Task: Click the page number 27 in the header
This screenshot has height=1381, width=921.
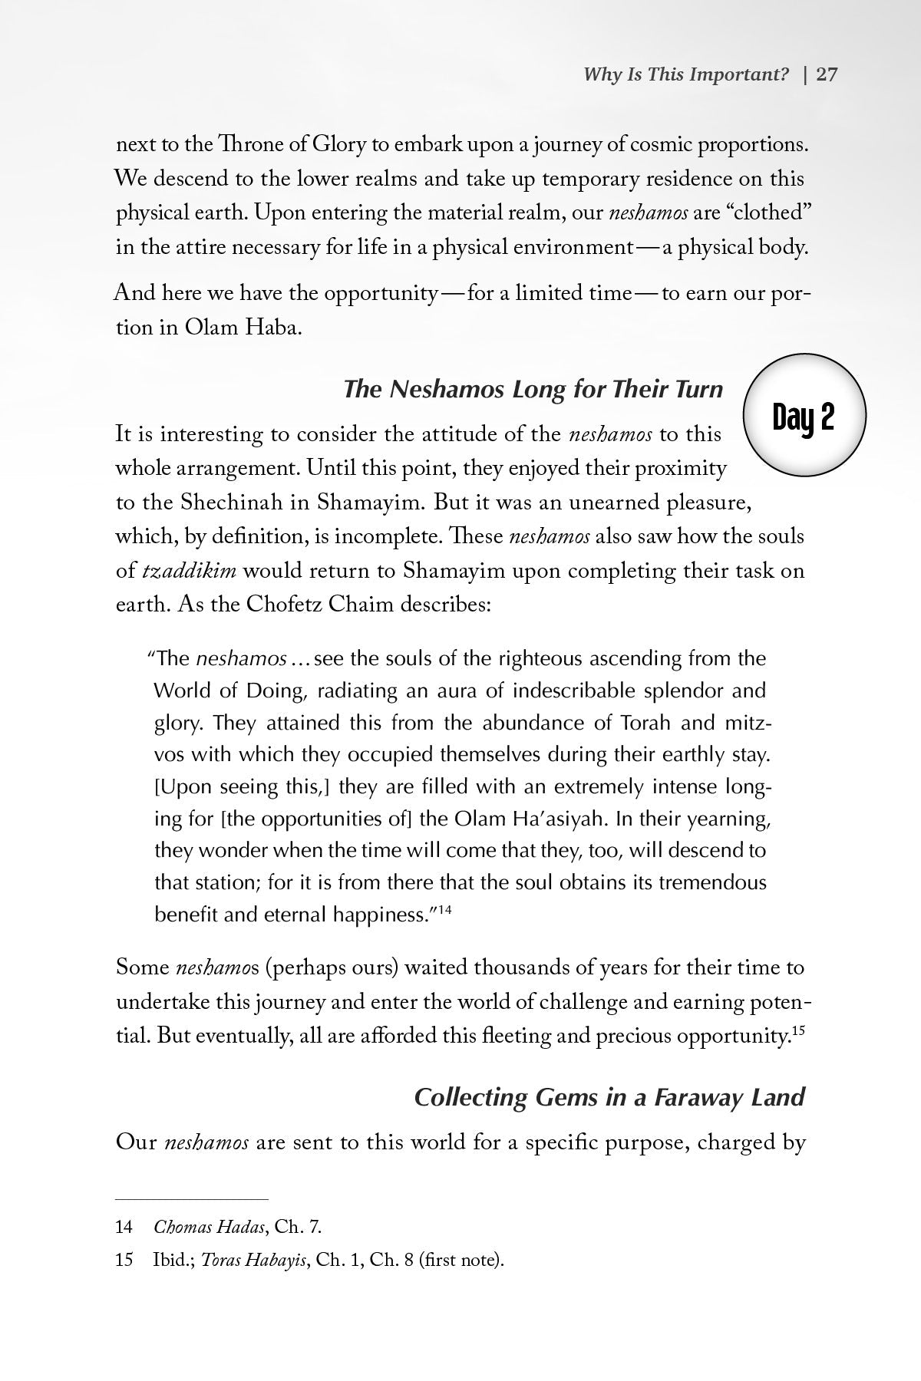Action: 827,74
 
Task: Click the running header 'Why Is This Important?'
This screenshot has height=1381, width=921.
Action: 686,74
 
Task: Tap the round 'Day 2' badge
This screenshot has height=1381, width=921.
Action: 804,417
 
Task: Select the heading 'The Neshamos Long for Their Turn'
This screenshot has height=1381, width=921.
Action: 533,390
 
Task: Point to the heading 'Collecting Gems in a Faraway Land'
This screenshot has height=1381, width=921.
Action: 609,1097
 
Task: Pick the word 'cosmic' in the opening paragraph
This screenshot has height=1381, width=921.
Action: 650,145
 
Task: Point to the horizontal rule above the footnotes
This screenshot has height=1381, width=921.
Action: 192,1199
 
